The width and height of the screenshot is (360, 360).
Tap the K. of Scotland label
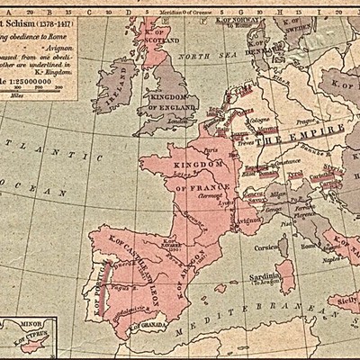(x=160, y=40)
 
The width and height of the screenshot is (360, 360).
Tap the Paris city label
(x=213, y=151)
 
